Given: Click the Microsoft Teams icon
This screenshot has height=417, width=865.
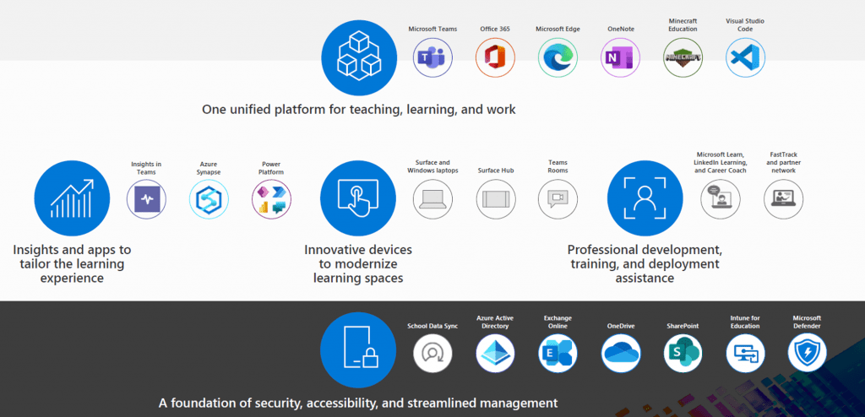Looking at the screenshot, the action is pyautogui.click(x=433, y=57).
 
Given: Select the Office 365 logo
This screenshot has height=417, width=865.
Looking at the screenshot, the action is pyautogui.click(x=495, y=57).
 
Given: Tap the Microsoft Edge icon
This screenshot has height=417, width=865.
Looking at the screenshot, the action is pyautogui.click(x=558, y=57).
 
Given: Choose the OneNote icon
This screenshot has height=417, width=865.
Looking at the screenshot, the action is pyautogui.click(x=620, y=57).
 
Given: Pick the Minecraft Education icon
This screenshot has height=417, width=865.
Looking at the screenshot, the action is pyautogui.click(x=683, y=57).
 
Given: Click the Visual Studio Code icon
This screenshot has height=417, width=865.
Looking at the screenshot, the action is pyautogui.click(x=745, y=57).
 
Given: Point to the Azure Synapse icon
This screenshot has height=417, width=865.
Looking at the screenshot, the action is pyautogui.click(x=209, y=200).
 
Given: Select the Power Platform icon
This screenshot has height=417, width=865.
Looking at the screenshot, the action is pyautogui.click(x=271, y=200).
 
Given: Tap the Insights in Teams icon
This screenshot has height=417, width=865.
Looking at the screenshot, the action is pyautogui.click(x=146, y=200).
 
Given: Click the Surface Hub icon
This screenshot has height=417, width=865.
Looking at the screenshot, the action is pyautogui.click(x=495, y=199).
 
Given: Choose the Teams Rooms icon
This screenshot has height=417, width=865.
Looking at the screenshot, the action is pyautogui.click(x=558, y=199).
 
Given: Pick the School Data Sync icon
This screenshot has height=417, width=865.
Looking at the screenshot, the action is pyautogui.click(x=433, y=353).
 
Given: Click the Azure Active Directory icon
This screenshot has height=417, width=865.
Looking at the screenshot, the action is pyautogui.click(x=495, y=353).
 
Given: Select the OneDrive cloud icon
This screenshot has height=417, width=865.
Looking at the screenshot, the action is pyautogui.click(x=621, y=353).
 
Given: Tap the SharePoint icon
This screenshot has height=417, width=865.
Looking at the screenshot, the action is pyautogui.click(x=683, y=353).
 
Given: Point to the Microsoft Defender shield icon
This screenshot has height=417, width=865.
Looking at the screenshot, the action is pyautogui.click(x=807, y=353).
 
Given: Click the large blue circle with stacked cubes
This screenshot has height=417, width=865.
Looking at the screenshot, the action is pyautogui.click(x=359, y=58).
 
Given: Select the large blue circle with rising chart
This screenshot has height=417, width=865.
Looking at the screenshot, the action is pyautogui.click(x=73, y=198).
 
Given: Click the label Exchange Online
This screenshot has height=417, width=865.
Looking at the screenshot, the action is pyautogui.click(x=558, y=322).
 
